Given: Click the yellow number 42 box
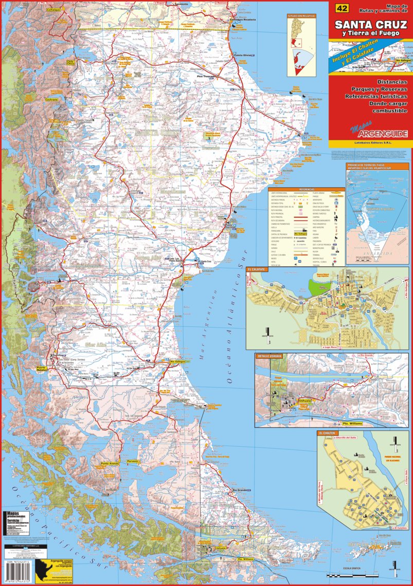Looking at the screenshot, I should click(x=341, y=8).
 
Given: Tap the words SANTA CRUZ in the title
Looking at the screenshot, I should click(x=370, y=24).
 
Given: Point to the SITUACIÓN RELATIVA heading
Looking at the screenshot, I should click(x=301, y=16).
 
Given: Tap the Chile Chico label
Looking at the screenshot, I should click(x=70, y=62).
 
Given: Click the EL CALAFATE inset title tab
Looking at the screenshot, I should click(x=256, y=269).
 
